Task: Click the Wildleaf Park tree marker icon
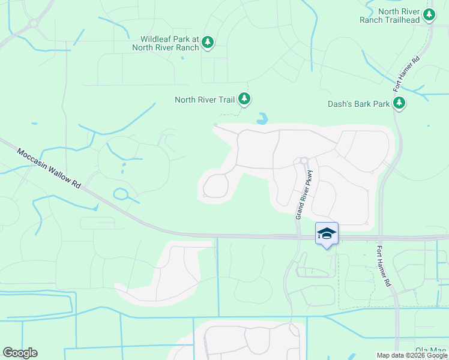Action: (208, 41)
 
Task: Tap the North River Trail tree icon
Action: (244, 98)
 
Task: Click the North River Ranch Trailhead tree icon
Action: (429, 14)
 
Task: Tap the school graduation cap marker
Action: (327, 233)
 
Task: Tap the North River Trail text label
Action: (203, 100)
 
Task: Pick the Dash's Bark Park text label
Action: (358, 104)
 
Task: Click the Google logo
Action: (20, 353)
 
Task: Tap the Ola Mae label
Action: (431, 350)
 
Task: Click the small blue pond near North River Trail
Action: (262, 119)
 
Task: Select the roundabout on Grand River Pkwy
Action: (304, 160)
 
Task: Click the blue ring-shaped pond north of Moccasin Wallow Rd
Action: (121, 194)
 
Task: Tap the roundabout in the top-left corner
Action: (32, 24)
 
